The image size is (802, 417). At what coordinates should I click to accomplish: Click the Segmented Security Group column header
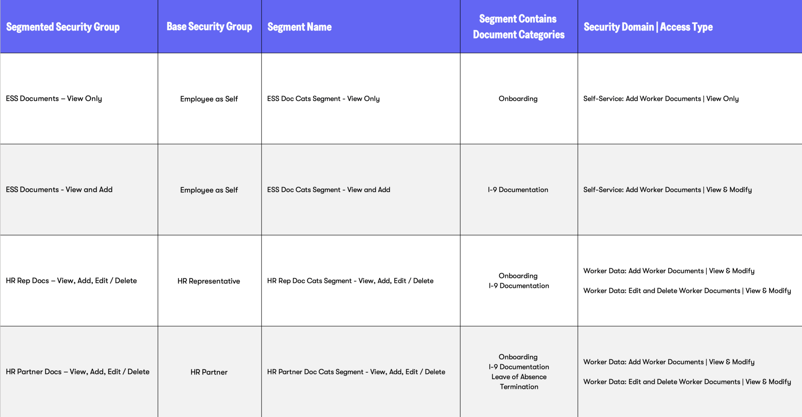click(63, 27)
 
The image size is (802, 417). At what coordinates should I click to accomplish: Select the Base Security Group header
click(209, 27)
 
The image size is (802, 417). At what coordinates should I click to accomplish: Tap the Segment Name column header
click(299, 27)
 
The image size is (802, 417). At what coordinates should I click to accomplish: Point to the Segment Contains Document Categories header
click(518, 27)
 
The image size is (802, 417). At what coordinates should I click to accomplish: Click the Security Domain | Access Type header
click(648, 27)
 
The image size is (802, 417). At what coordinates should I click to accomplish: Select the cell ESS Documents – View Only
click(54, 99)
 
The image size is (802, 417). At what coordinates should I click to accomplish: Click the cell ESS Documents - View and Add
click(59, 190)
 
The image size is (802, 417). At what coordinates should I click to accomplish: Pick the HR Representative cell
click(208, 281)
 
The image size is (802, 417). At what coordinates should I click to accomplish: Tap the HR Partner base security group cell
click(209, 372)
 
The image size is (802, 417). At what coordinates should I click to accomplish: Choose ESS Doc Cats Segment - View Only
click(323, 99)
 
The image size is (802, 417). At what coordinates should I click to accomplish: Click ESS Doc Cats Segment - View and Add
click(328, 190)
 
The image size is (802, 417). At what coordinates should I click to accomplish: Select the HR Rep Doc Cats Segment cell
click(350, 281)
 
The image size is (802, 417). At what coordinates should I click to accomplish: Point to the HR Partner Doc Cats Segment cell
click(356, 372)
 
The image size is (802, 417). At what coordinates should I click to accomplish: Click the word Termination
click(519, 387)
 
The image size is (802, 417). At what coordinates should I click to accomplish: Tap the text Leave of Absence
click(519, 377)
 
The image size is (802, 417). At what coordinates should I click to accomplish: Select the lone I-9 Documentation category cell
click(518, 190)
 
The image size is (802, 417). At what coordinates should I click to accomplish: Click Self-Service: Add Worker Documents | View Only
click(661, 99)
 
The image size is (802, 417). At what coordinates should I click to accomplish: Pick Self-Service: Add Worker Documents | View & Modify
click(667, 190)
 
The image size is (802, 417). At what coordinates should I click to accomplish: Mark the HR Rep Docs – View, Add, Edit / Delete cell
click(71, 281)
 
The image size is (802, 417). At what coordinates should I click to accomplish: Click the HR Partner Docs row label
click(77, 372)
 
